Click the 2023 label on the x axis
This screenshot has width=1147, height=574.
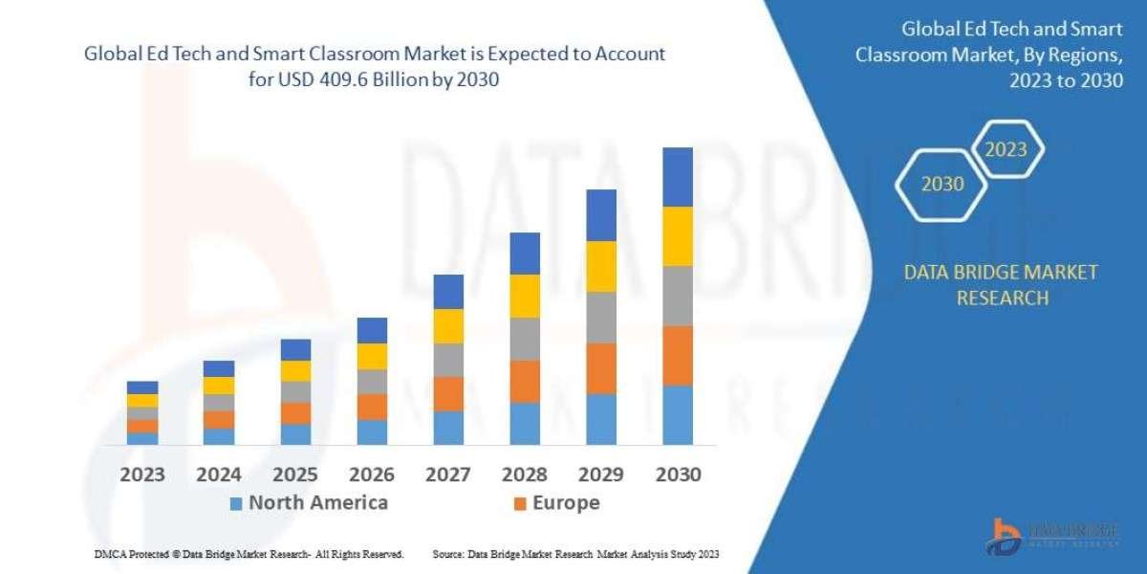(142, 475)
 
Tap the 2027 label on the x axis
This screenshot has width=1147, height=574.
(448, 475)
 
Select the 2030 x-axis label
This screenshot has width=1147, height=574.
(678, 475)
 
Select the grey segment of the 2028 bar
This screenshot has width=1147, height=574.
(525, 339)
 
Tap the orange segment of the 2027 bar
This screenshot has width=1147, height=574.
(448, 393)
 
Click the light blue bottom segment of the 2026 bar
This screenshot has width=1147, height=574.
(372, 431)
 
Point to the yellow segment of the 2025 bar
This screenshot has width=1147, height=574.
(295, 370)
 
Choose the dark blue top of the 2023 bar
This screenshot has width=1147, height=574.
(142, 387)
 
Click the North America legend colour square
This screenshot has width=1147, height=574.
(236, 503)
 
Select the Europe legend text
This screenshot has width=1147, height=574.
(567, 502)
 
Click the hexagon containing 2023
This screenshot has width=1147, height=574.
(1006, 149)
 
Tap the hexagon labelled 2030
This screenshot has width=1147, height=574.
(942, 184)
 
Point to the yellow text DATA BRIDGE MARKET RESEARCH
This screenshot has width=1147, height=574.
(1001, 285)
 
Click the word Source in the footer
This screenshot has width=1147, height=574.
(448, 554)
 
